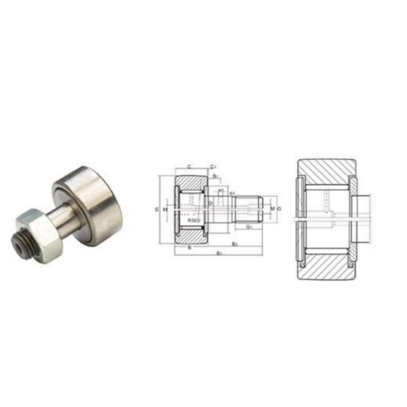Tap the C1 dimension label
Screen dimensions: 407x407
pyautogui.click(x=213, y=166)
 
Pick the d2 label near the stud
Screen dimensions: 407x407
pyautogui.click(x=232, y=194)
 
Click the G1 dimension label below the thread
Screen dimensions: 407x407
pyautogui.click(x=250, y=227)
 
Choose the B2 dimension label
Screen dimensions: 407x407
pyautogui.click(x=234, y=243)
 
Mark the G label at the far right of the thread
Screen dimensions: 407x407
pyautogui.click(x=279, y=209)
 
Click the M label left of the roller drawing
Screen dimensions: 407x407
pyautogui.click(x=164, y=210)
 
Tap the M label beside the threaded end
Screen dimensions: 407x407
pyautogui.click(x=272, y=209)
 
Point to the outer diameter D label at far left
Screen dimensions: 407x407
pyautogui.click(x=157, y=210)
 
